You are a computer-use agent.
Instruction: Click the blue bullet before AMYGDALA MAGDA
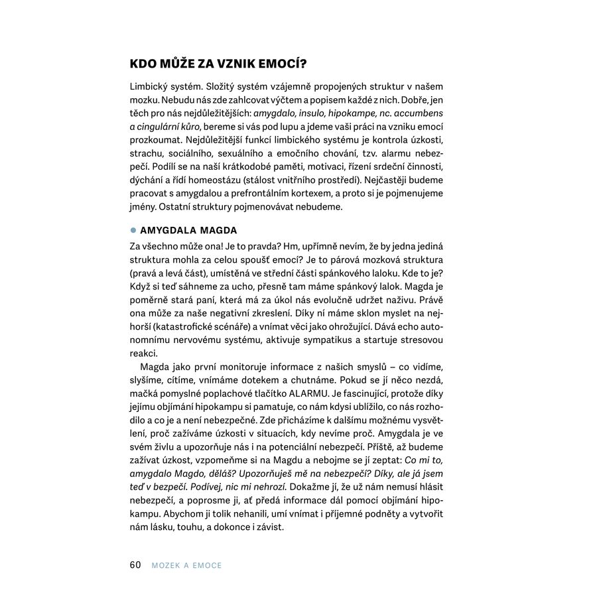[133, 230]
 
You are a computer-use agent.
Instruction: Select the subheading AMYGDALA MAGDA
[189, 230]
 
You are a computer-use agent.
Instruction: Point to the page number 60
[135, 564]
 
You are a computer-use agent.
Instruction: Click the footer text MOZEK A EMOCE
[186, 565]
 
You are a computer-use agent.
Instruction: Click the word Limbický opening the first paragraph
[151, 87]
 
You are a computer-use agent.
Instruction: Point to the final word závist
[268, 527]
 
